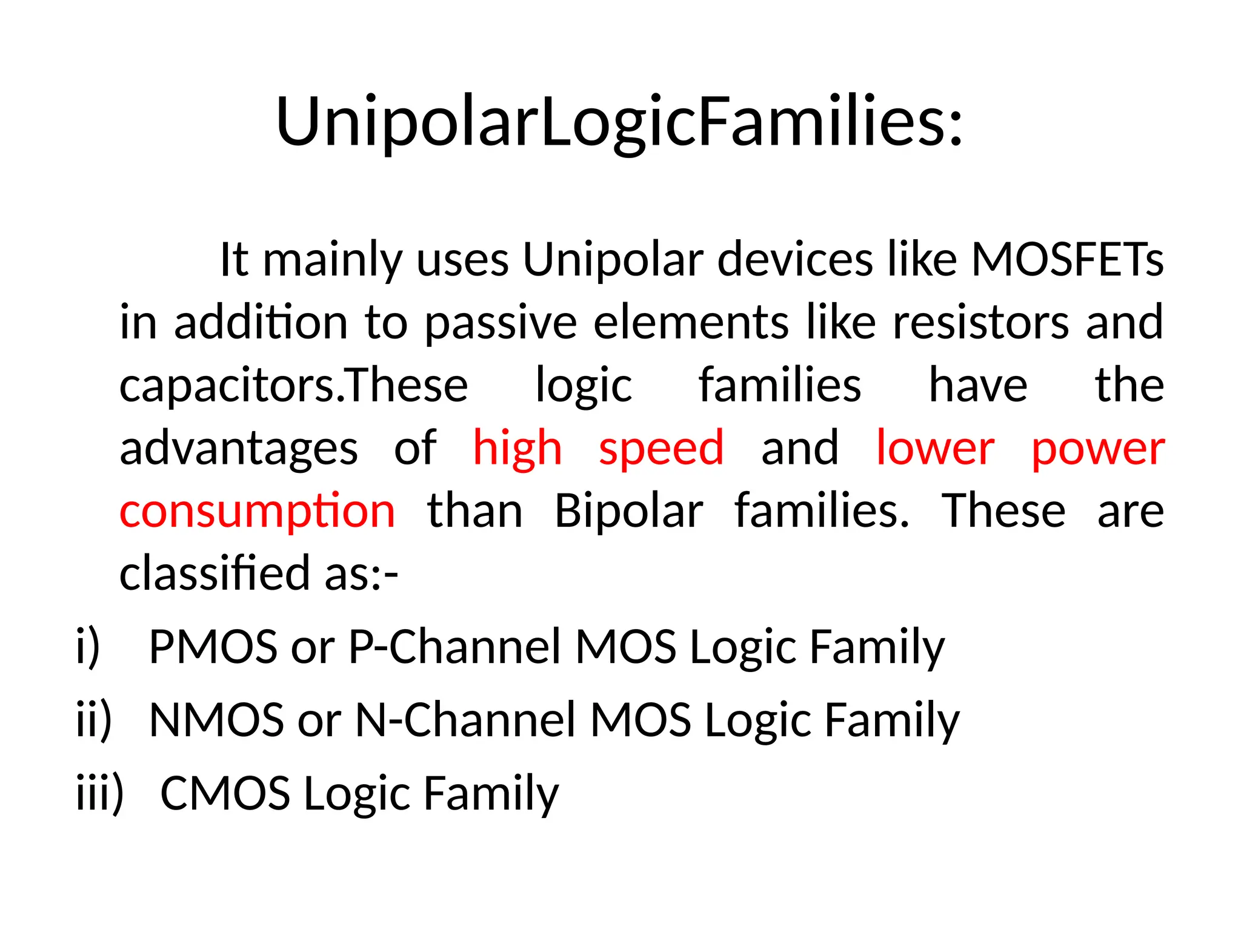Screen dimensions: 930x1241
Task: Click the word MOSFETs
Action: (1067, 259)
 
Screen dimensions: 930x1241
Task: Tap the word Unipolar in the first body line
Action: (613, 259)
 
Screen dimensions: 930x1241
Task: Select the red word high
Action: (517, 449)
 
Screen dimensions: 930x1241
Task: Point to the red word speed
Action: (661, 449)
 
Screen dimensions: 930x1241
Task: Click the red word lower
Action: (935, 449)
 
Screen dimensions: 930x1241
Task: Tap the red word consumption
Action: (258, 512)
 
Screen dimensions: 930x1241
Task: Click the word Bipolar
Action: (628, 512)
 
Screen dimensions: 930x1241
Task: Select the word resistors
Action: (981, 322)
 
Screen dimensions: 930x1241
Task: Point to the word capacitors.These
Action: (293, 386)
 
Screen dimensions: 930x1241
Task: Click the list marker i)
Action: (88, 647)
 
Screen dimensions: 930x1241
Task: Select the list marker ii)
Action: (94, 720)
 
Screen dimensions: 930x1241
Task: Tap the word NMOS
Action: (216, 720)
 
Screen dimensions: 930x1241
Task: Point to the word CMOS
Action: (225, 793)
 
